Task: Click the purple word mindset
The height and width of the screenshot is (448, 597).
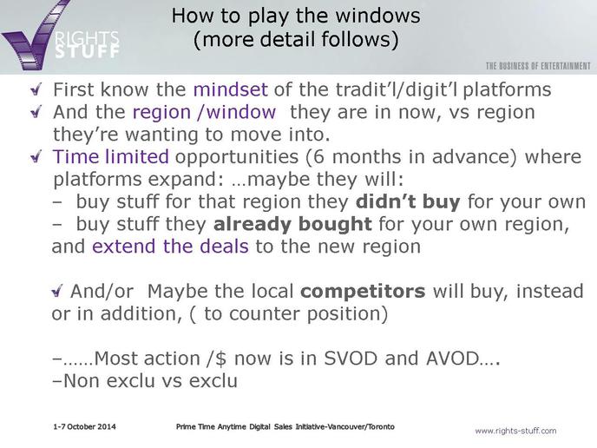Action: [x=230, y=89]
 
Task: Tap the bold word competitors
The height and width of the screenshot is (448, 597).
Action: [x=363, y=292]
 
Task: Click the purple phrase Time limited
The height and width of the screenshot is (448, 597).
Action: [x=111, y=156]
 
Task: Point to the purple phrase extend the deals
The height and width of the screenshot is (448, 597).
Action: [x=170, y=246]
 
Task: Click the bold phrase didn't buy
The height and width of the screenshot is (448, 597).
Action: [x=408, y=201]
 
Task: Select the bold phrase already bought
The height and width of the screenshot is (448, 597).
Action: [x=292, y=224]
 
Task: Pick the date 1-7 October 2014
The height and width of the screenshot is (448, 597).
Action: [x=84, y=426]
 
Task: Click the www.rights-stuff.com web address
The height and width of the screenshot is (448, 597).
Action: [x=515, y=431]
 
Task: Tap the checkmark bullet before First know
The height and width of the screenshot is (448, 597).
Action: [x=36, y=90]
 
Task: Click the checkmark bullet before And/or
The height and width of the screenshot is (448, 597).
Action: [x=56, y=292]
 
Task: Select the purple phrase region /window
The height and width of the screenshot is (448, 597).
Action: [x=204, y=112]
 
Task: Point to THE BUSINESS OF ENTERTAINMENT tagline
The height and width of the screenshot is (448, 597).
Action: [x=538, y=66]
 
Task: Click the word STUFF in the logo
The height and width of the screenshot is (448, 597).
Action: [x=87, y=51]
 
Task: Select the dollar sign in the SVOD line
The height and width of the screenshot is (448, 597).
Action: [x=220, y=359]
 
